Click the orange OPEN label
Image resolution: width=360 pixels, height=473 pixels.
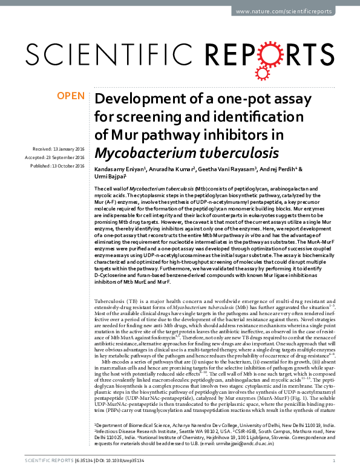pyautogui.click(x=70, y=95)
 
